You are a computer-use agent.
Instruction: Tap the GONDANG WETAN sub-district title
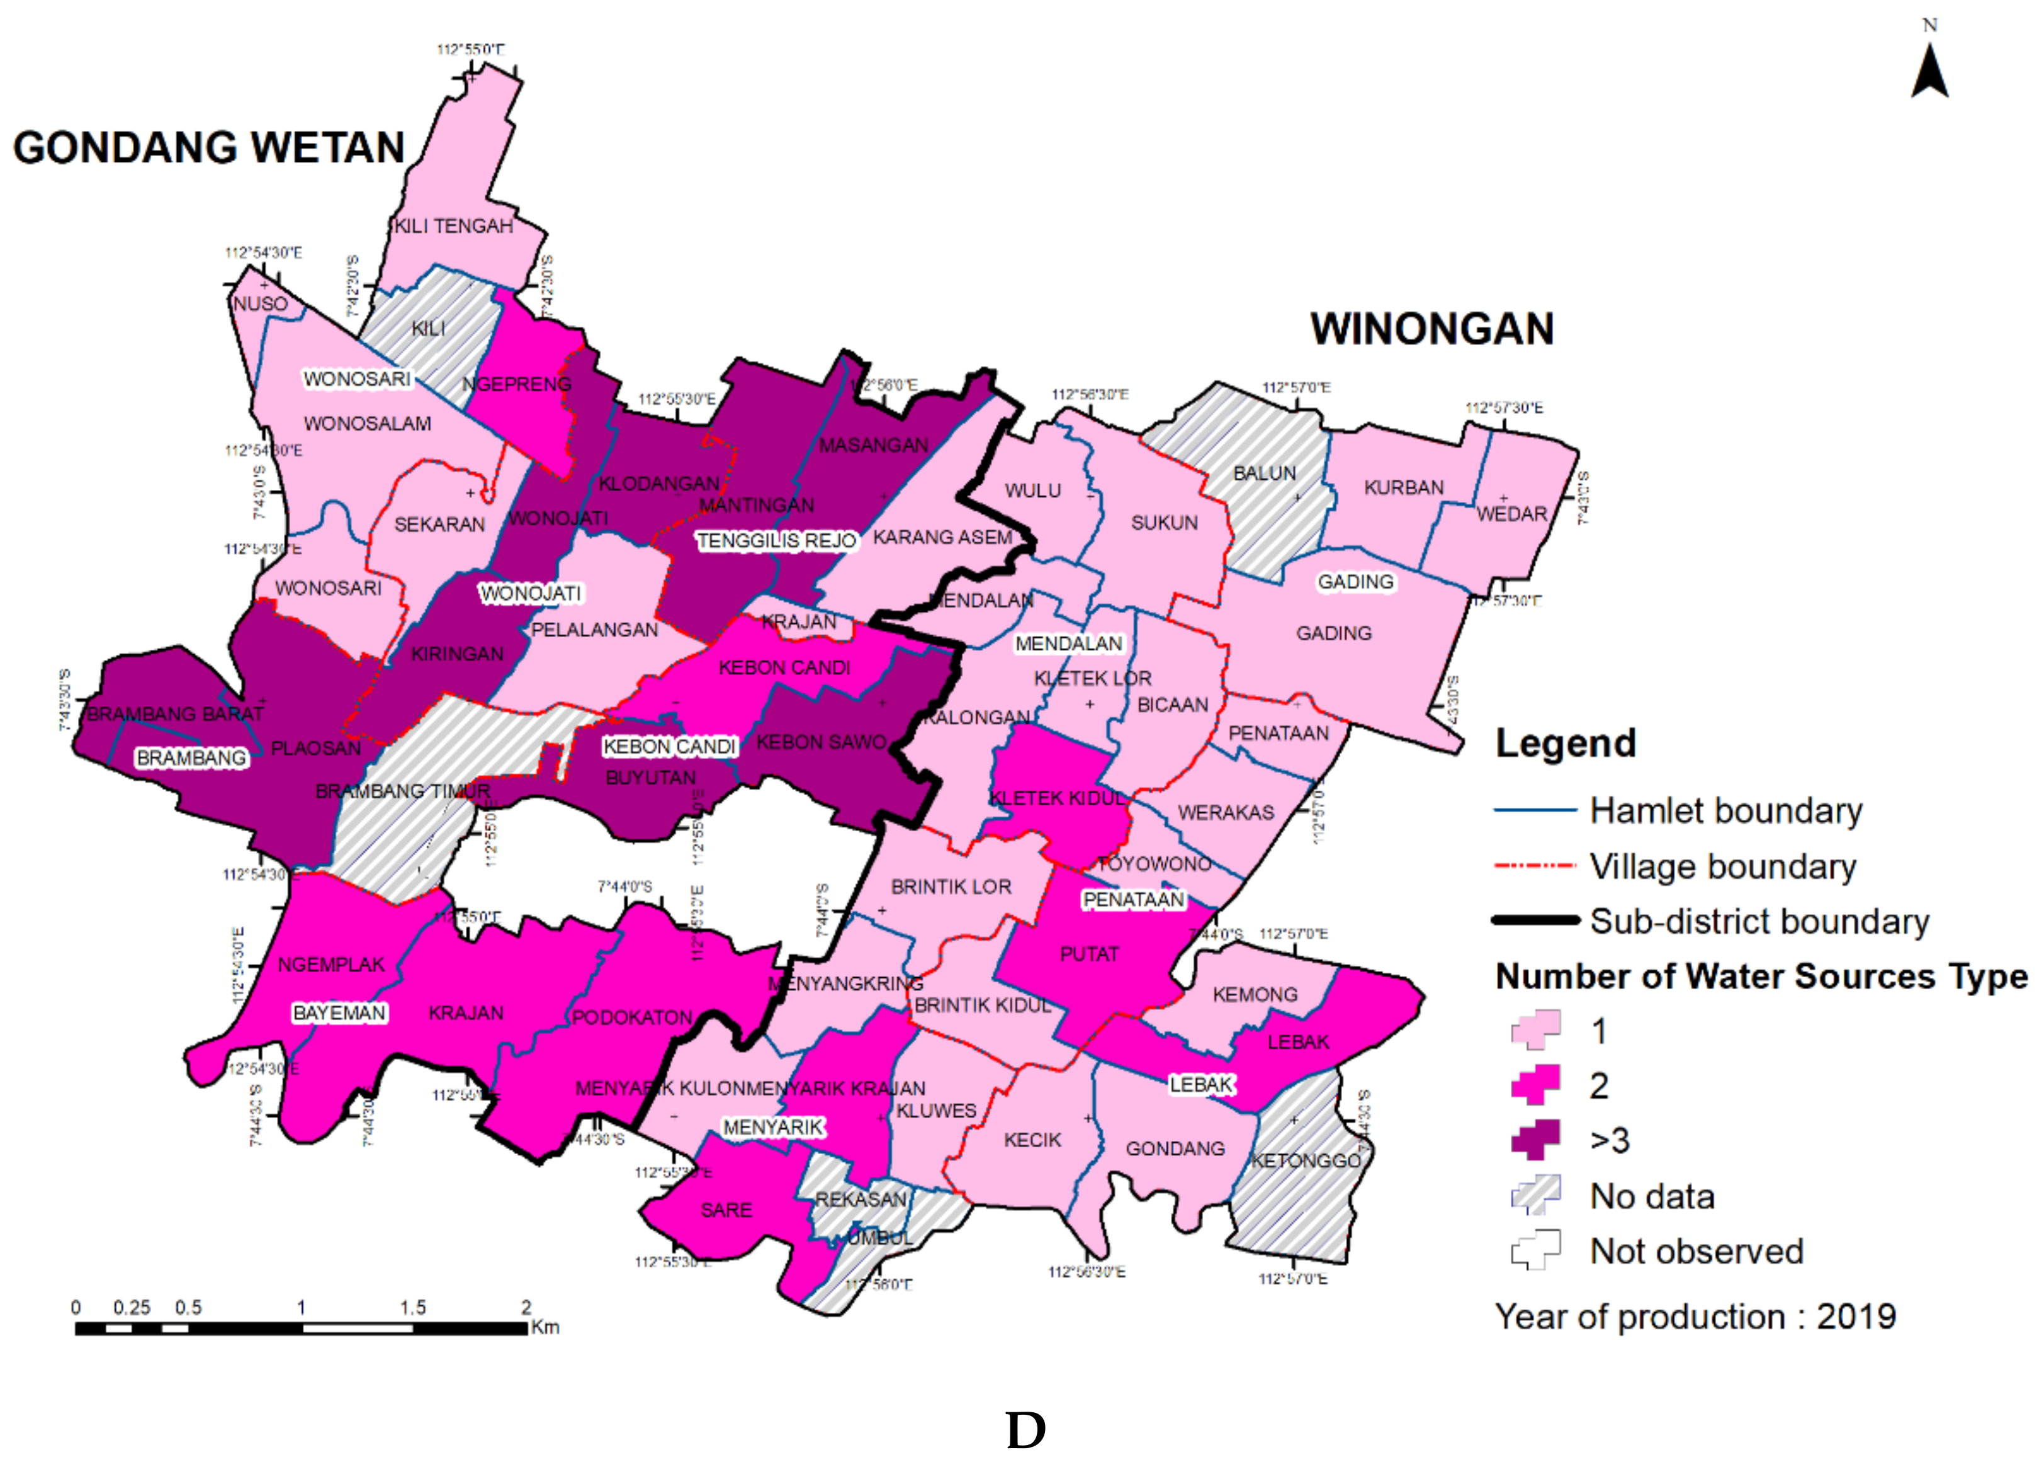point(209,147)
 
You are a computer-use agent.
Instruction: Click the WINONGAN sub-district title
point(1431,329)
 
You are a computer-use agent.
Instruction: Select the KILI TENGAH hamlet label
point(454,226)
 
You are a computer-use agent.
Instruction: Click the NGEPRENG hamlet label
point(517,385)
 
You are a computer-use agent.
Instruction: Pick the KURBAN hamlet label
point(1403,488)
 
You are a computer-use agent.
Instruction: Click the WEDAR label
point(1511,514)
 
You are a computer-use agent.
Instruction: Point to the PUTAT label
point(1089,955)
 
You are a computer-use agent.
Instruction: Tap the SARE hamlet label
point(725,1210)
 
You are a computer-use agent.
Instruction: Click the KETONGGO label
point(1305,1161)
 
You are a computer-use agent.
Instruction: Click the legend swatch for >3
point(1535,1140)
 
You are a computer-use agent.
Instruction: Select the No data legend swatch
point(1535,1196)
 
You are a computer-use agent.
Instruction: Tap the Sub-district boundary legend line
point(1535,921)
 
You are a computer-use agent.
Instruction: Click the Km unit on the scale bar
point(545,1327)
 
